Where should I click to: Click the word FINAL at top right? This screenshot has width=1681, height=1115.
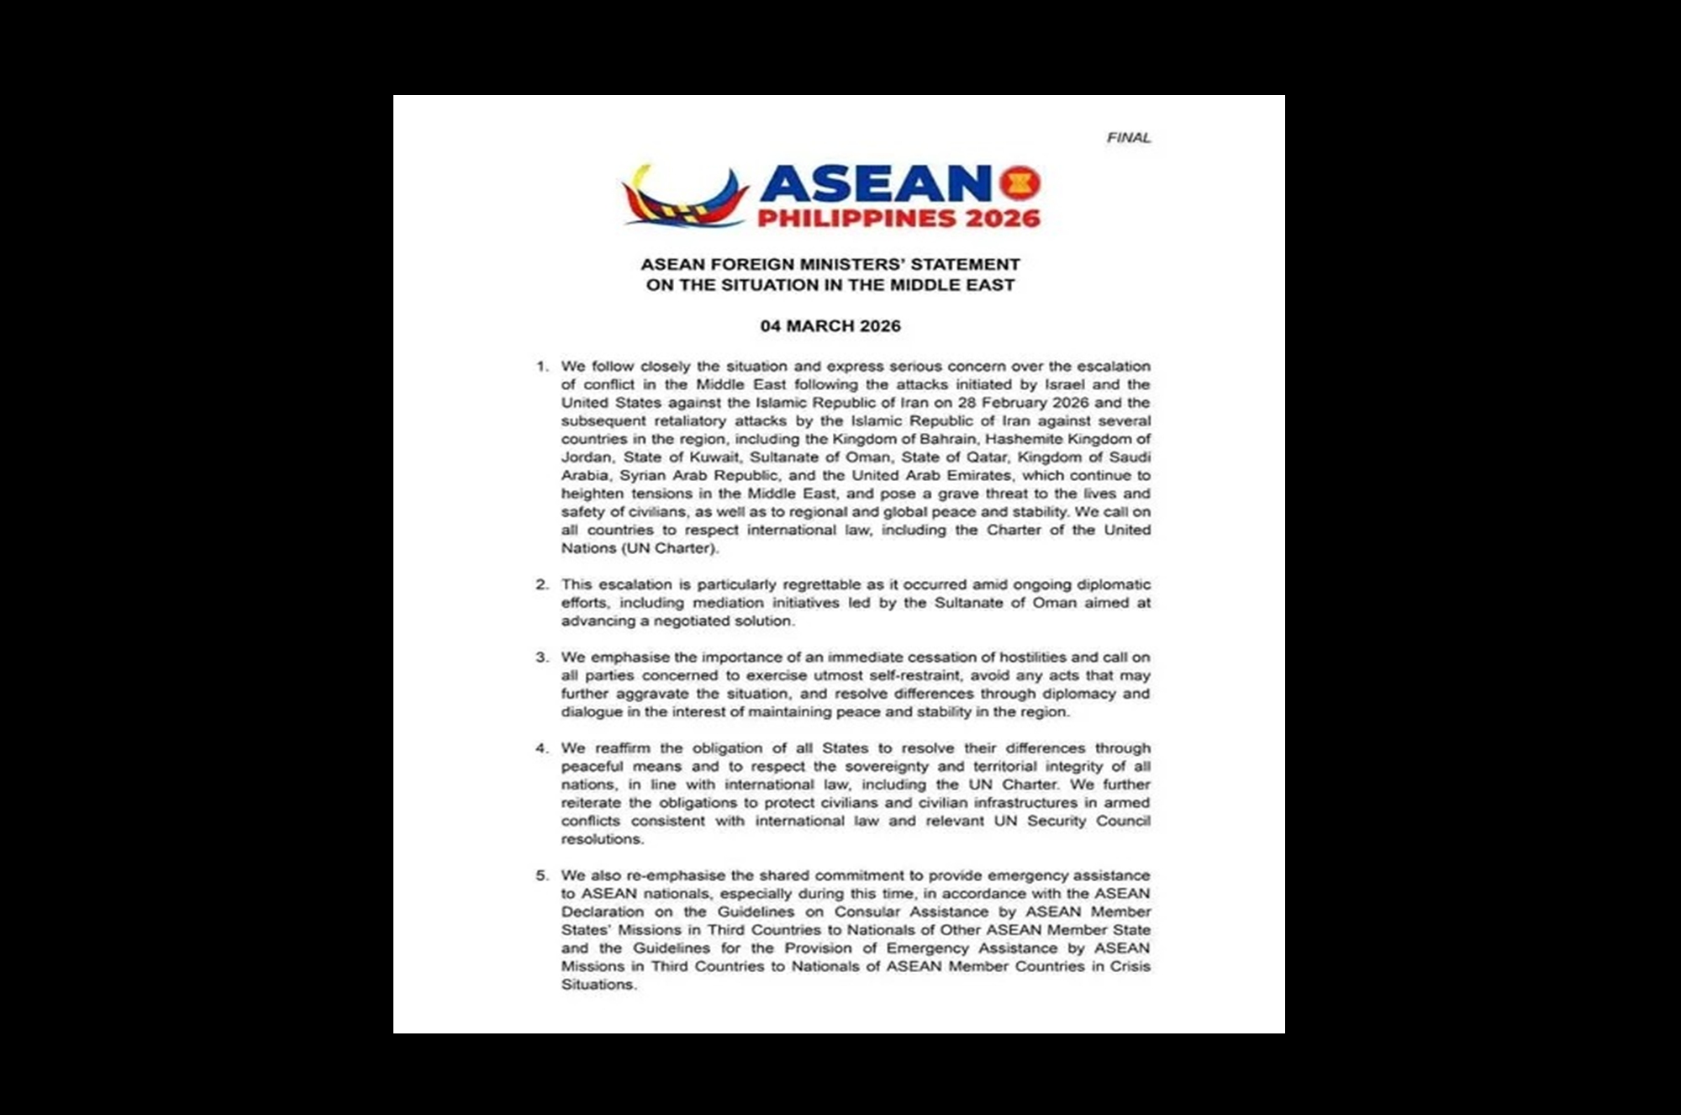tap(1128, 138)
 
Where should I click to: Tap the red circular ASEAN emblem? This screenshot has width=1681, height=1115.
tap(1020, 182)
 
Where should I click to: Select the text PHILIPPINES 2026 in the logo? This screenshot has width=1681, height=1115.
tap(898, 219)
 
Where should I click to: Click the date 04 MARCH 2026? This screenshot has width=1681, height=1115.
tap(830, 326)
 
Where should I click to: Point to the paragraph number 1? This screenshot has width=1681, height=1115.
tap(542, 367)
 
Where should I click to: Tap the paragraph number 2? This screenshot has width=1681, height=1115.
tap(542, 584)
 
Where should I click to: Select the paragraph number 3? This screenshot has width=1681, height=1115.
tap(542, 658)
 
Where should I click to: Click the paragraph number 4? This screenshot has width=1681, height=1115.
tap(542, 748)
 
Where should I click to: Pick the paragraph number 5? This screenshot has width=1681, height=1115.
tap(542, 875)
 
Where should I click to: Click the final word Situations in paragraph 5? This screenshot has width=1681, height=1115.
tap(598, 985)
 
